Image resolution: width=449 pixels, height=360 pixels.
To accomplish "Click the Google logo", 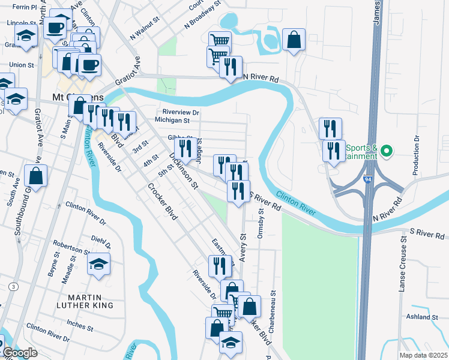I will coord(19,353).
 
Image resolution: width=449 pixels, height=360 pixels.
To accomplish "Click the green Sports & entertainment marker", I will coord(387,151).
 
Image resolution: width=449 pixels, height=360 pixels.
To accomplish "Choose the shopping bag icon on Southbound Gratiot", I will coord(36,176).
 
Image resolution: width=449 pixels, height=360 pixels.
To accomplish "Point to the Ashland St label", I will coord(421,316).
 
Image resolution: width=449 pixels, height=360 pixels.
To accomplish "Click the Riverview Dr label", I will coord(181,112).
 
